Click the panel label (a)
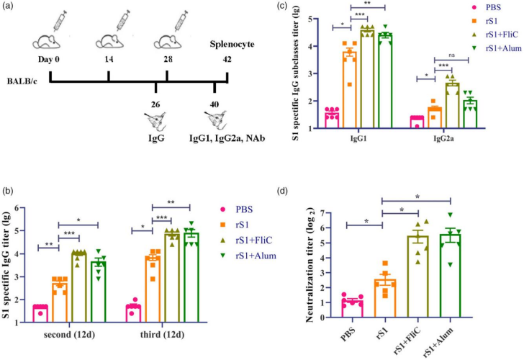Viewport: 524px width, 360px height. (11, 7)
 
